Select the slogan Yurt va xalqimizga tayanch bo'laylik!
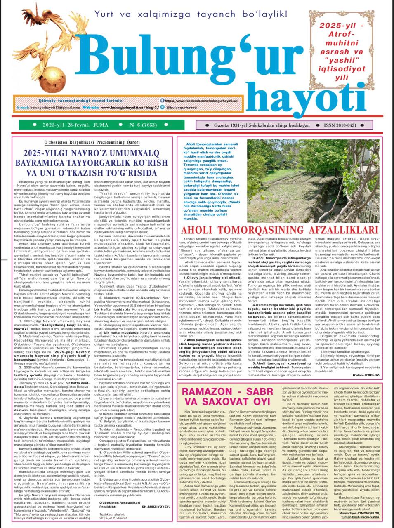pyautogui.click(x=191, y=14)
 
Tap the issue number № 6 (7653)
pyautogui.click(x=137, y=125)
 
